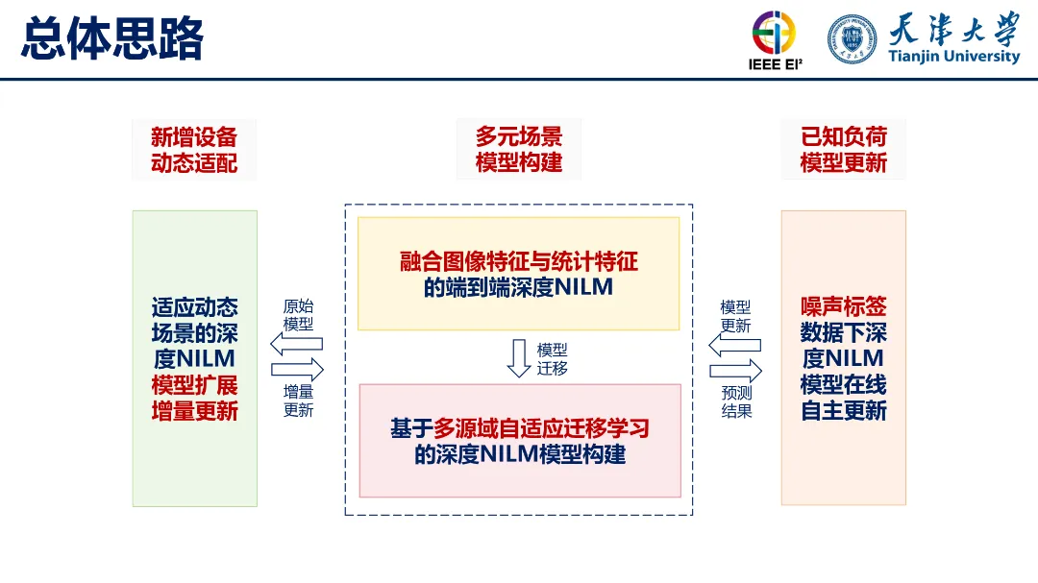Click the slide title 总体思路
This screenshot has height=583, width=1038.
click(x=112, y=40)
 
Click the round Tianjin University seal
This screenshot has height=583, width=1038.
click(x=853, y=38)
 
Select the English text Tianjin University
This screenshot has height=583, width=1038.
click(x=953, y=57)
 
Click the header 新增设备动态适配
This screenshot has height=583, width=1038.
click(x=194, y=150)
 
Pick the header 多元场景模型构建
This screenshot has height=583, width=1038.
click(x=519, y=150)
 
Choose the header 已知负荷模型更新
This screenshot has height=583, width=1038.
click(x=844, y=150)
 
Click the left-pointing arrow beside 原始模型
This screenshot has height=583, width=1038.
click(x=296, y=343)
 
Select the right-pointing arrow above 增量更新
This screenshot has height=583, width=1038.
click(x=298, y=370)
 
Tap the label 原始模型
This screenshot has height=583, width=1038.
click(x=298, y=316)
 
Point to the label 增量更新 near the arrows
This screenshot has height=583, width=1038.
click(x=298, y=401)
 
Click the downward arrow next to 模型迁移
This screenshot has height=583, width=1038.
click(x=519, y=357)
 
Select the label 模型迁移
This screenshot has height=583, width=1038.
click(x=553, y=358)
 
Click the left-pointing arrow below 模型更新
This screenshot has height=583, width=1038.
click(x=735, y=345)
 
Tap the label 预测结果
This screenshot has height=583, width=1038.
click(x=736, y=402)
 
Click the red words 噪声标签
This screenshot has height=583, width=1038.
click(x=844, y=306)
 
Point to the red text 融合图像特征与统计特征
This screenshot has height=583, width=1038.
click(x=519, y=260)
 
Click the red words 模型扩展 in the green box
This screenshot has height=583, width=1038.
click(x=194, y=385)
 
